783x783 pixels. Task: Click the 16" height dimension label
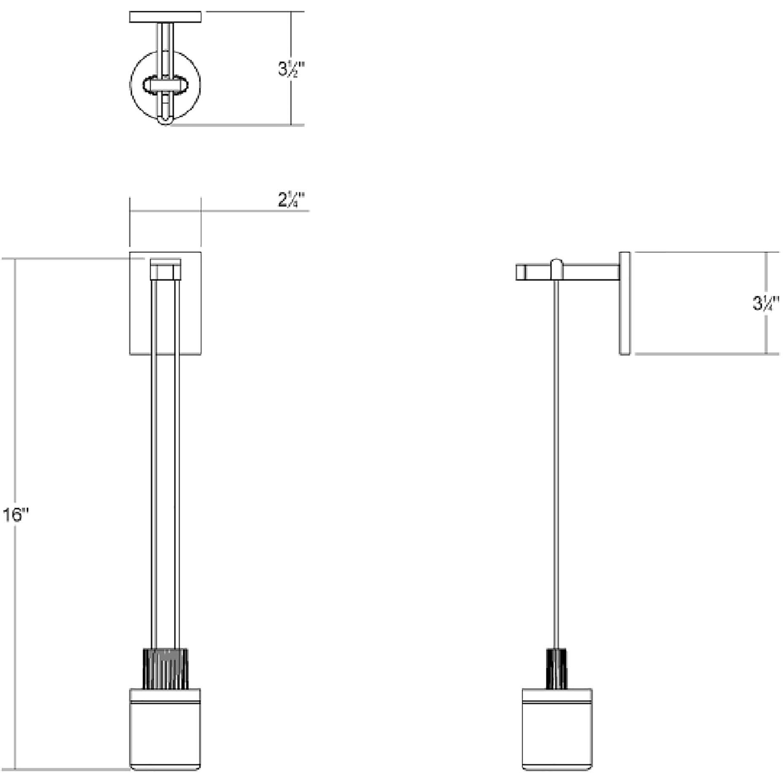pos(16,515)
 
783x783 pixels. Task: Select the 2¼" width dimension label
pos(291,200)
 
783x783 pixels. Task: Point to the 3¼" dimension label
pos(765,303)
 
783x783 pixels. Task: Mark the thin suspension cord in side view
pos(557,464)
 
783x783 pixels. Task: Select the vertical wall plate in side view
pos(624,303)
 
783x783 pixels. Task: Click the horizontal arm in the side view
pos(591,272)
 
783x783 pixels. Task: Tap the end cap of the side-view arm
pos(521,272)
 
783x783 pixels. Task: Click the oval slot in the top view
pos(165,86)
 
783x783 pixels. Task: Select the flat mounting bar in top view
pos(165,17)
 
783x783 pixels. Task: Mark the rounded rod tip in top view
pos(165,121)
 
